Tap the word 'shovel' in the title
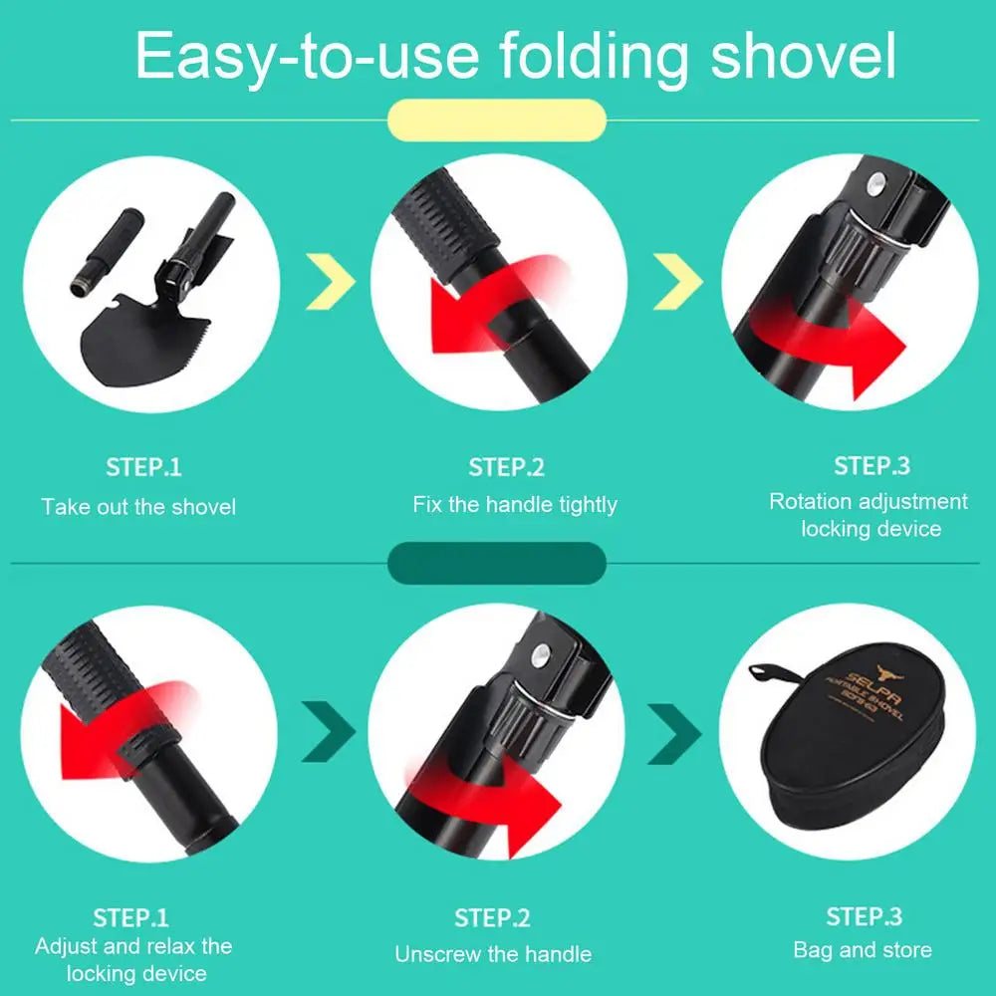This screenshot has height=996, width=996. coord(803,57)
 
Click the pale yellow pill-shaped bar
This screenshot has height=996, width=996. coord(497,119)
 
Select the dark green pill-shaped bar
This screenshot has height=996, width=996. coord(497,563)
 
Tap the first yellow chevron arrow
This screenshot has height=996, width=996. coord(332,282)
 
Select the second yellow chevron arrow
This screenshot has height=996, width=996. coord(677,282)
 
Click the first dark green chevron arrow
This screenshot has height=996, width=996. coord(329,735)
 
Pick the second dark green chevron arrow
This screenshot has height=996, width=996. coord(674,735)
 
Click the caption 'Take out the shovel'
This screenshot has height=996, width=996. coord(138,507)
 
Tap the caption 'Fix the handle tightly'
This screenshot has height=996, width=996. coord(515,505)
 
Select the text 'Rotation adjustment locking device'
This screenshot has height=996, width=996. coord(869,515)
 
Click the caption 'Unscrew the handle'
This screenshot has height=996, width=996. coord(493,954)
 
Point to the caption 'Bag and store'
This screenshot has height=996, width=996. coord(863,950)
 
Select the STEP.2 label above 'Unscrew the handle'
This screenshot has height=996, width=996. coord(493,917)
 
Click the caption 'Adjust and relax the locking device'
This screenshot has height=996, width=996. coord(133,959)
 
